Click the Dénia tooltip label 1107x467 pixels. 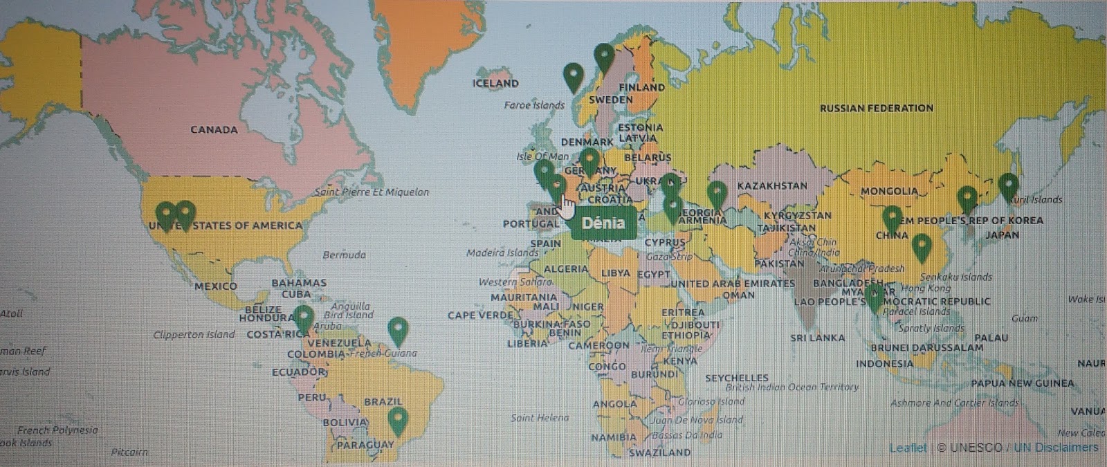(x=603, y=223)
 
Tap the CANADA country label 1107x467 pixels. (x=214, y=129)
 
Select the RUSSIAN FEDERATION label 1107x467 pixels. (x=876, y=108)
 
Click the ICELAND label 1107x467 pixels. (x=495, y=83)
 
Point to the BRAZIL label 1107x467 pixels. (x=383, y=401)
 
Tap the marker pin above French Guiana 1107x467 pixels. (x=398, y=331)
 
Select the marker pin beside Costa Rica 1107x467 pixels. (x=303, y=318)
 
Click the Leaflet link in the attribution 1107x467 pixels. (x=908, y=448)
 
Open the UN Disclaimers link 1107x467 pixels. (x=1056, y=448)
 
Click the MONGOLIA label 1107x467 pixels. (x=889, y=191)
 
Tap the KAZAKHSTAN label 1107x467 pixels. (x=772, y=185)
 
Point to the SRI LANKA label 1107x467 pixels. (x=817, y=338)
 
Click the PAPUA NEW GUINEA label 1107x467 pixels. (x=1022, y=383)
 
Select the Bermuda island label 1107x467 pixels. (x=344, y=255)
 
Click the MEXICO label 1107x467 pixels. (x=215, y=286)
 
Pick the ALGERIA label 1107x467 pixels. (x=566, y=268)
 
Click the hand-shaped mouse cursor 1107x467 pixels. (x=567, y=206)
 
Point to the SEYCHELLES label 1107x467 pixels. (x=736, y=378)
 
